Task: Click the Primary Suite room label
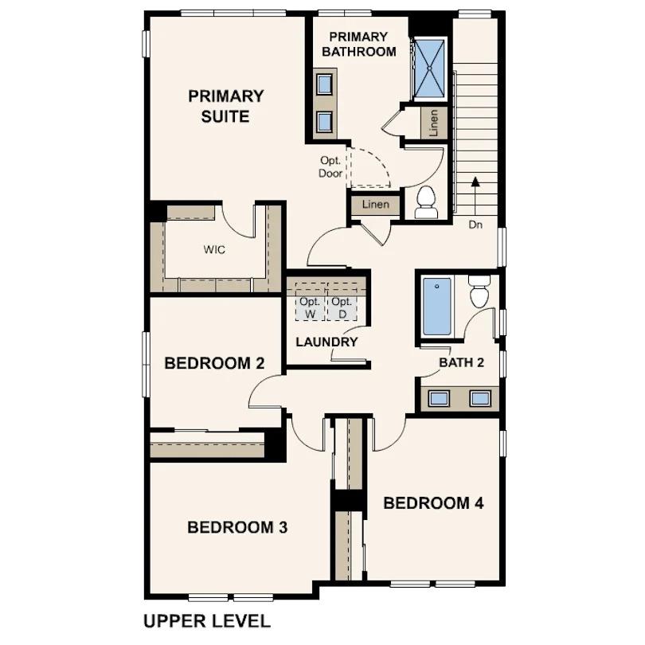point(225,106)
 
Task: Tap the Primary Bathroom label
point(358,44)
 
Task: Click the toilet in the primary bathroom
point(426,201)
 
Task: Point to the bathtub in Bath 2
point(436,306)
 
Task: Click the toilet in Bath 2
point(479,293)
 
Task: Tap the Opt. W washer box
point(310,307)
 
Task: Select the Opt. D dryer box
point(342,307)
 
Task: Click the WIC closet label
point(213,249)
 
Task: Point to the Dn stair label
point(475,225)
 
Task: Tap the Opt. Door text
point(330,166)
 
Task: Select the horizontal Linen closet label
point(375,205)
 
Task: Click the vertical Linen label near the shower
point(433,123)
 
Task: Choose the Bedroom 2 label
point(214,363)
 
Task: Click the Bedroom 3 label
point(236,527)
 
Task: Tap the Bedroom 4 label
point(433,503)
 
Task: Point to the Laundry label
point(326,342)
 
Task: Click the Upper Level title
point(207,620)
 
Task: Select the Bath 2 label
point(462,363)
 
